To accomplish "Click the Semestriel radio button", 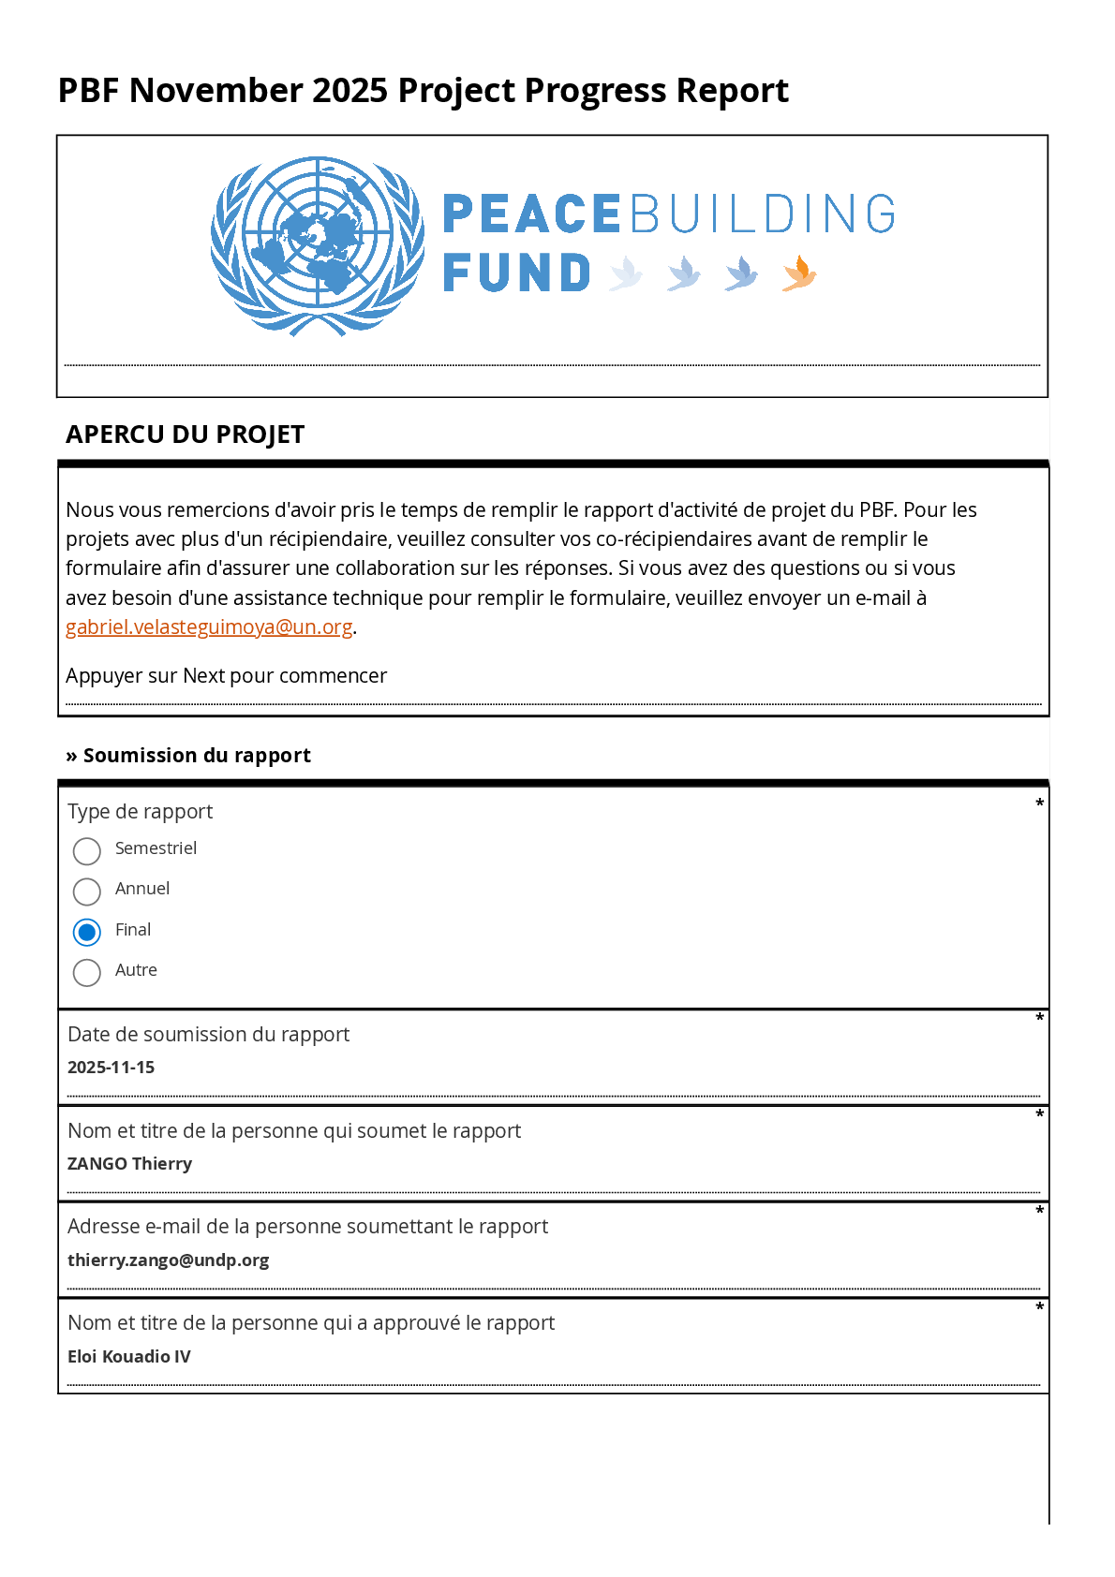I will [x=87, y=851].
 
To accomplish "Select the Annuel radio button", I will [x=87, y=892].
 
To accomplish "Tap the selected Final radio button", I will [x=87, y=933].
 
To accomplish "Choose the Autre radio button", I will [x=87, y=973].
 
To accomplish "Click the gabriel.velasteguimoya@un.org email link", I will [x=209, y=627].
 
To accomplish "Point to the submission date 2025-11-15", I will [x=111, y=1068].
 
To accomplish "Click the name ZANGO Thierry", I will [x=129, y=1164].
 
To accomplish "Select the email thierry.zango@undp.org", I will [x=168, y=1260].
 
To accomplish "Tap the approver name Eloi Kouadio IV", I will [x=128, y=1357].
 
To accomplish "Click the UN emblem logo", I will [x=318, y=246].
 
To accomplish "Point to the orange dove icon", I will [x=798, y=273].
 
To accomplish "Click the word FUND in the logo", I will [x=516, y=273].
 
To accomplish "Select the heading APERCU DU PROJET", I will [x=185, y=435].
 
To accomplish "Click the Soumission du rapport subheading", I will [x=197, y=756].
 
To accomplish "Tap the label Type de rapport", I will [x=140, y=812].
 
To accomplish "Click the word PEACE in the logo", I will [x=530, y=214].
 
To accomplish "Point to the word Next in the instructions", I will [x=203, y=676].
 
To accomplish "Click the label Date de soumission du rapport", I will [x=208, y=1035].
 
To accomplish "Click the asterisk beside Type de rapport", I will [x=1039, y=803].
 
